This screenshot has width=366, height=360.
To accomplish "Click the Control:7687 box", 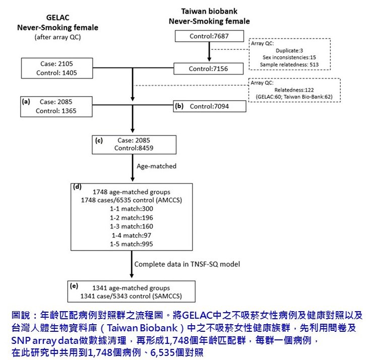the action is [x=209, y=36].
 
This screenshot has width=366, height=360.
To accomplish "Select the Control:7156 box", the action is [x=208, y=69].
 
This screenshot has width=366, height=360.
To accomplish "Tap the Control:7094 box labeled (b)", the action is [x=210, y=106].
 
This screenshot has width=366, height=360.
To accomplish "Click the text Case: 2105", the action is [x=57, y=63].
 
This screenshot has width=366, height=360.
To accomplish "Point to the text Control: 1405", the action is [x=57, y=73].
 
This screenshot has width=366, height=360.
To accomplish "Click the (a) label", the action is [x=26, y=101].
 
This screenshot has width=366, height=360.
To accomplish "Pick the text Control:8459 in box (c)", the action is [x=134, y=148].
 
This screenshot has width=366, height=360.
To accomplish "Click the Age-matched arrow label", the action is [x=156, y=166].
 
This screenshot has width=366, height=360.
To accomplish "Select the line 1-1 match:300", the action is [x=132, y=208].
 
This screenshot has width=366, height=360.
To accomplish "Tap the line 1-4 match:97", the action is [x=132, y=235].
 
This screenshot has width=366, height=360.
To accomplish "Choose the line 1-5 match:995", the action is [x=132, y=244].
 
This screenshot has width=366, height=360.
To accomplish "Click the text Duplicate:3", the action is [x=289, y=50].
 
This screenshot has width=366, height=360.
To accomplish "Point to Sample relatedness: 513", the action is [x=289, y=64].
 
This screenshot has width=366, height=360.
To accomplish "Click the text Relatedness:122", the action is [x=294, y=90].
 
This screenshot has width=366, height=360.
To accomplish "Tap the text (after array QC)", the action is [x=57, y=37].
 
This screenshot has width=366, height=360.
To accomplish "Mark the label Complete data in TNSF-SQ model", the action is [x=187, y=264].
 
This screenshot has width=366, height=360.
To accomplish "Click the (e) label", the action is [x=74, y=285].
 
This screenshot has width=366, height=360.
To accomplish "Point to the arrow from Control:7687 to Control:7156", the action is [x=209, y=52].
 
